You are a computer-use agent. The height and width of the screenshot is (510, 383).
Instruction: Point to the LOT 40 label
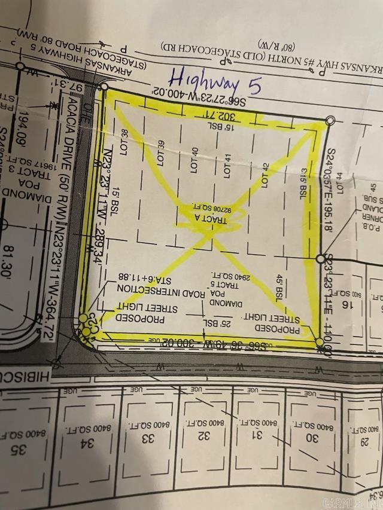point(193,160)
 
